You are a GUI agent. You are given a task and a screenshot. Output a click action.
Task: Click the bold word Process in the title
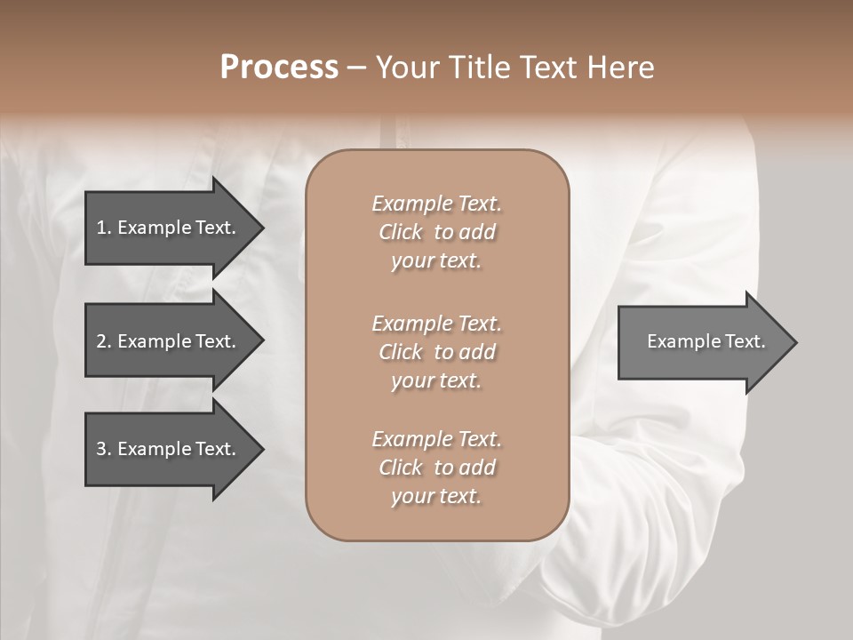pyautogui.click(x=279, y=68)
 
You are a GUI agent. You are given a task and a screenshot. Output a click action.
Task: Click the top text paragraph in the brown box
pyautogui.click(x=436, y=232)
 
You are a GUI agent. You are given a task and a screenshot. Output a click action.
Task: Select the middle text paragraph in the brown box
pyautogui.click(x=436, y=352)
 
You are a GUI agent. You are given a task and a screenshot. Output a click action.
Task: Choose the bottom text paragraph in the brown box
pyautogui.click(x=436, y=468)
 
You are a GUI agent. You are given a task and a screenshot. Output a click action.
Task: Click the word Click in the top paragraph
pyautogui.click(x=401, y=233)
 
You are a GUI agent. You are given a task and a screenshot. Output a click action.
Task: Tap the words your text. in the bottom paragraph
pyautogui.click(x=436, y=497)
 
